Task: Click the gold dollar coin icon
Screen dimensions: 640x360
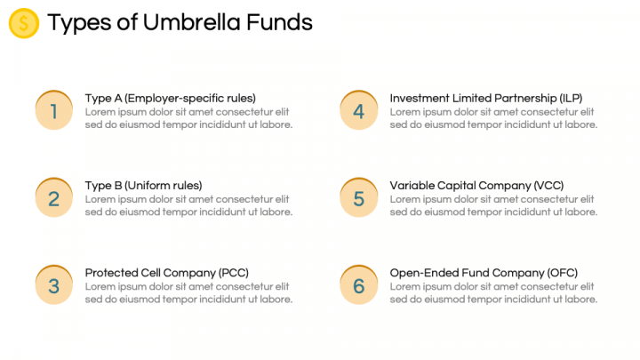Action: pyautogui.click(x=24, y=23)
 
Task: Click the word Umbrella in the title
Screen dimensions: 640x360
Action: pyautogui.click(x=191, y=22)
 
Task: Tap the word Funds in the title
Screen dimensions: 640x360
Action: pyautogui.click(x=280, y=22)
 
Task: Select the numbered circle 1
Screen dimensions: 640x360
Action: pyautogui.click(x=54, y=110)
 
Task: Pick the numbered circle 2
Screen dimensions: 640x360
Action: pyautogui.click(x=54, y=197)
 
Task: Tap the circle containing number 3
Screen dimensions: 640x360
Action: pyautogui.click(x=54, y=285)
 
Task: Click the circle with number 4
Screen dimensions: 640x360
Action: pyautogui.click(x=359, y=110)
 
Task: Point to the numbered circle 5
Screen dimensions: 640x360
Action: pyautogui.click(x=359, y=197)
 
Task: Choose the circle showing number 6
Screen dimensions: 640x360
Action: pyautogui.click(x=359, y=285)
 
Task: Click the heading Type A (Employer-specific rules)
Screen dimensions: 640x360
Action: pyautogui.click(x=170, y=99)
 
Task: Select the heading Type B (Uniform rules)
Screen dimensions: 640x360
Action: pyautogui.click(x=143, y=186)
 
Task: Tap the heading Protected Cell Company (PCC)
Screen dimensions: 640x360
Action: pyautogui.click(x=166, y=273)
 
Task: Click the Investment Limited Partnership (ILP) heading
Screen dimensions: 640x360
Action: pyautogui.click(x=485, y=99)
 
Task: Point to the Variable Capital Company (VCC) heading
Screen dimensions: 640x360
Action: pyautogui.click(x=476, y=186)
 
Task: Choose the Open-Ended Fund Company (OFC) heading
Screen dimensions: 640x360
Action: pyautogui.click(x=484, y=273)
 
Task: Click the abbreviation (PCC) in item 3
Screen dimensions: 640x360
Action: pyautogui.click(x=234, y=273)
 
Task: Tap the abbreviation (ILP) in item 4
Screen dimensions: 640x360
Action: pyautogui.click(x=571, y=99)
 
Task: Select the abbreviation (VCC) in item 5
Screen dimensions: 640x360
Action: pyautogui.click(x=548, y=186)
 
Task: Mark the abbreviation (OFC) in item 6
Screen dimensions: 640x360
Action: pyautogui.click(x=563, y=273)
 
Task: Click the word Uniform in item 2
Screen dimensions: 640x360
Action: pyautogui.click(x=148, y=186)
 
